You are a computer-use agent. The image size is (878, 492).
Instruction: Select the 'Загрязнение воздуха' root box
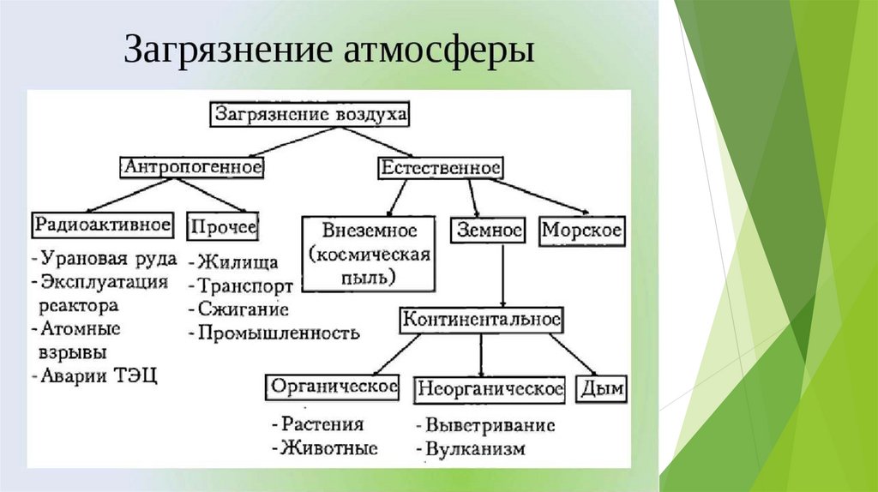[x=311, y=114]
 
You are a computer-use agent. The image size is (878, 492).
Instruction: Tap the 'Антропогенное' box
[x=191, y=166]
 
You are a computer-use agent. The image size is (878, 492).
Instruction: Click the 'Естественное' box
[x=440, y=166]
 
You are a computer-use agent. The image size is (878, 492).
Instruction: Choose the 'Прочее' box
[x=224, y=226]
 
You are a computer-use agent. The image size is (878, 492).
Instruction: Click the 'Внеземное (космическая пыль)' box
[x=370, y=254]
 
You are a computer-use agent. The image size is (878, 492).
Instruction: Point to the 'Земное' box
[x=486, y=231]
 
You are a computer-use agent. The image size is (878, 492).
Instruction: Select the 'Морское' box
[x=582, y=231]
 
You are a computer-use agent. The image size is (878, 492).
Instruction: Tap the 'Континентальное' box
[x=481, y=320]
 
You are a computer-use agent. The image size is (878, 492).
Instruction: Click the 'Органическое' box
[x=334, y=387]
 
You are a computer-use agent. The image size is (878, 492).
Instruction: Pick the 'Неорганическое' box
[x=490, y=389]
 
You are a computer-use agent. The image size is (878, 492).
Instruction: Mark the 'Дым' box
[x=602, y=389]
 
